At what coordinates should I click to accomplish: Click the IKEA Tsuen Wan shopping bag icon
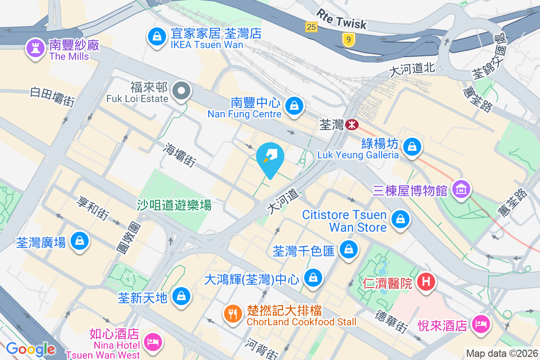click(x=156, y=36)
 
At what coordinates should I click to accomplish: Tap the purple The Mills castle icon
click(x=35, y=48)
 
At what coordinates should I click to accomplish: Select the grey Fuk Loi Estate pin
click(x=181, y=90)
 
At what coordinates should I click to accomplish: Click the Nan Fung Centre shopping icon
click(x=294, y=106)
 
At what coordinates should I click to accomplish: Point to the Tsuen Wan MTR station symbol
click(x=352, y=124)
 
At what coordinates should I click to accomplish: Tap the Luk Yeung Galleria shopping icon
click(x=412, y=147)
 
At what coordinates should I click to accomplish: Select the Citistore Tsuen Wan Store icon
click(x=399, y=220)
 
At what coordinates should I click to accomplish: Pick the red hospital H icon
click(x=426, y=282)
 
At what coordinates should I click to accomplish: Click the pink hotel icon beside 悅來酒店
click(x=480, y=324)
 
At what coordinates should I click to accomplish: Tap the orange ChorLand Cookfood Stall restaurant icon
click(x=233, y=313)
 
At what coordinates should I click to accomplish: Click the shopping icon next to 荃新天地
click(x=181, y=296)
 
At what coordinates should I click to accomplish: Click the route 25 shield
click(x=311, y=27)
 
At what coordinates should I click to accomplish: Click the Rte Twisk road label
click(x=342, y=19)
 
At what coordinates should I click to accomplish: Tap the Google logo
click(x=31, y=349)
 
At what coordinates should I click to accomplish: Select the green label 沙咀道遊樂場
click(x=174, y=205)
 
